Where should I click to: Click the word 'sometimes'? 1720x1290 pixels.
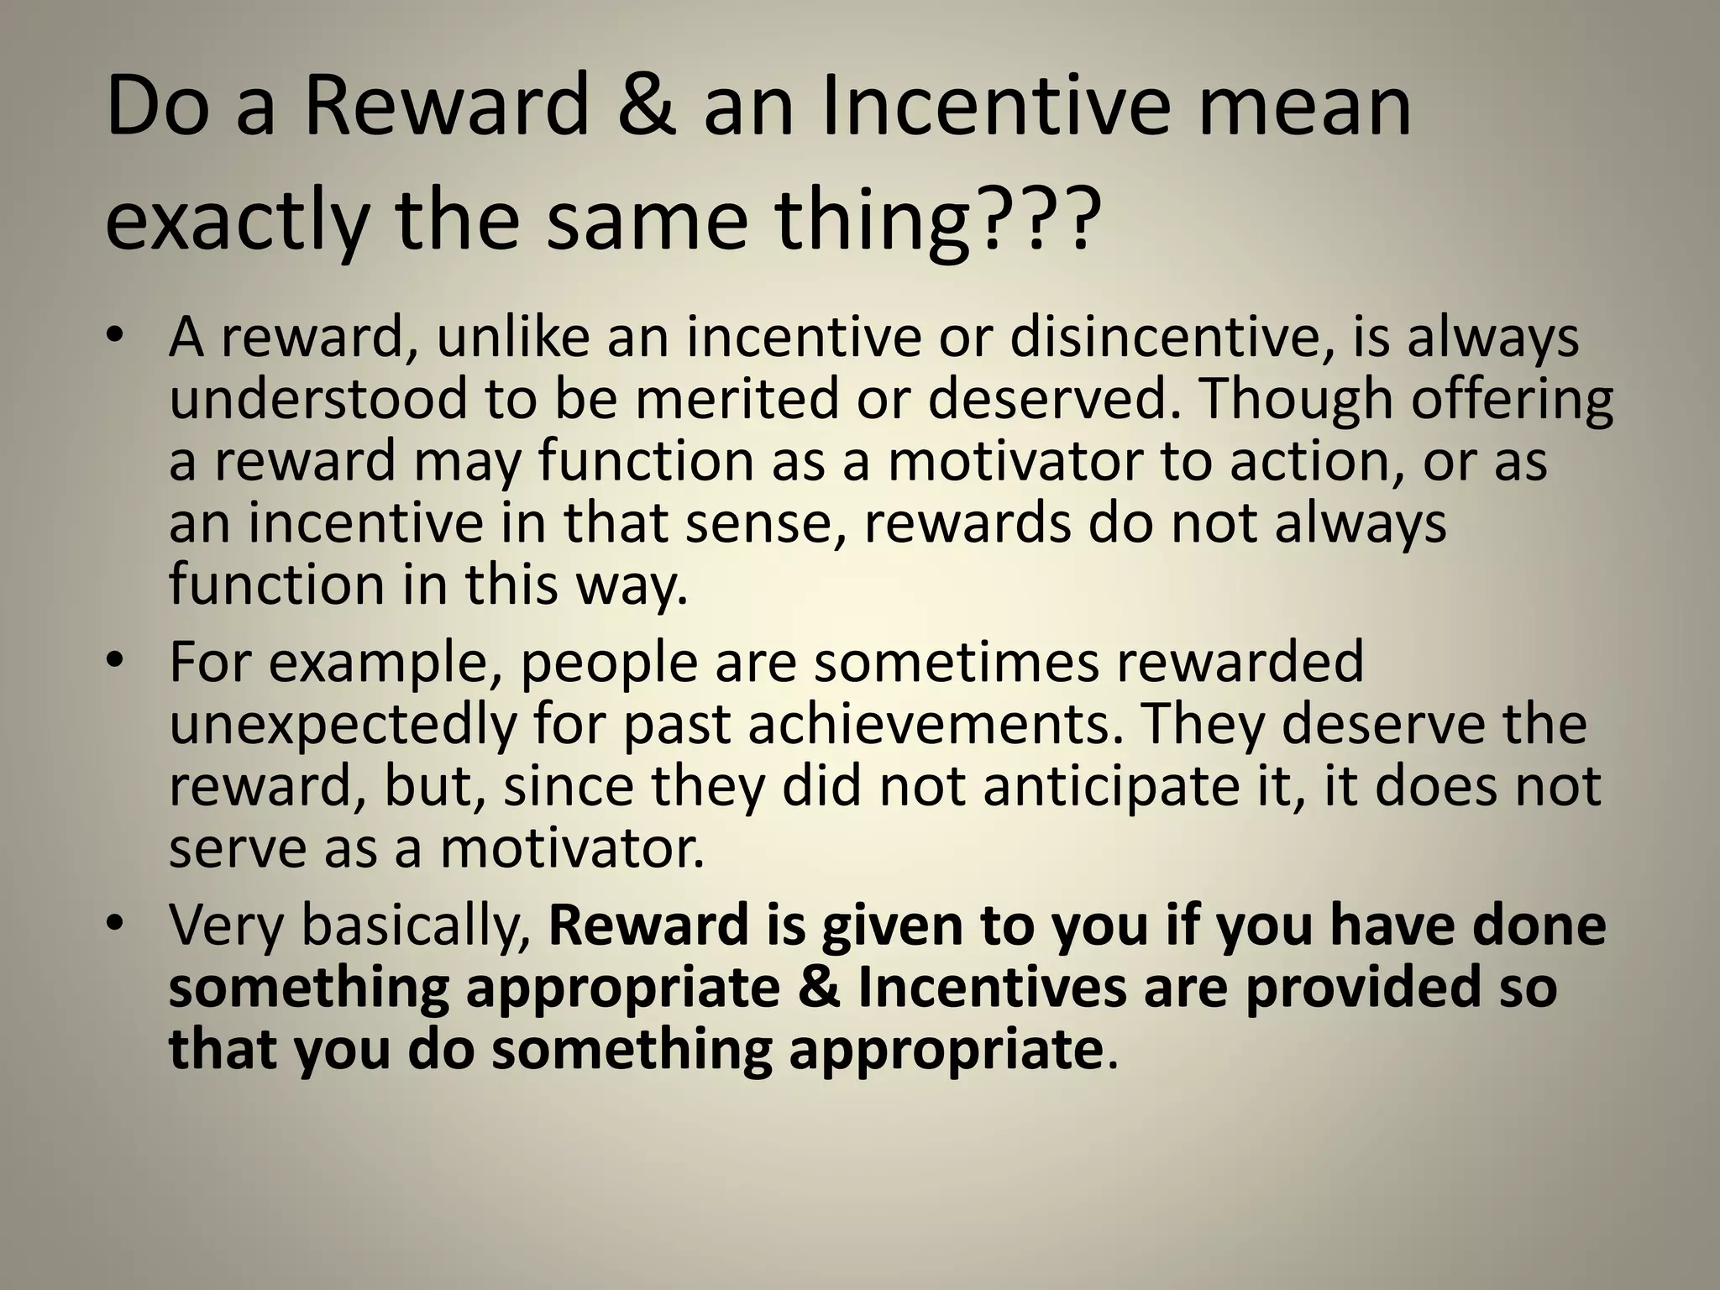pyautogui.click(x=957, y=663)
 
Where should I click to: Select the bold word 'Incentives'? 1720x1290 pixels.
pyautogui.click(x=992, y=988)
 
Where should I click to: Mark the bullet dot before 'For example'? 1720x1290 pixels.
pyautogui.click(x=117, y=661)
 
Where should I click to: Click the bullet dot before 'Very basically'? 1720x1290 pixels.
pyautogui.click(x=117, y=924)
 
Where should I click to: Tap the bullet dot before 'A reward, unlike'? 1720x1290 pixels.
pyautogui.click(x=117, y=335)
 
